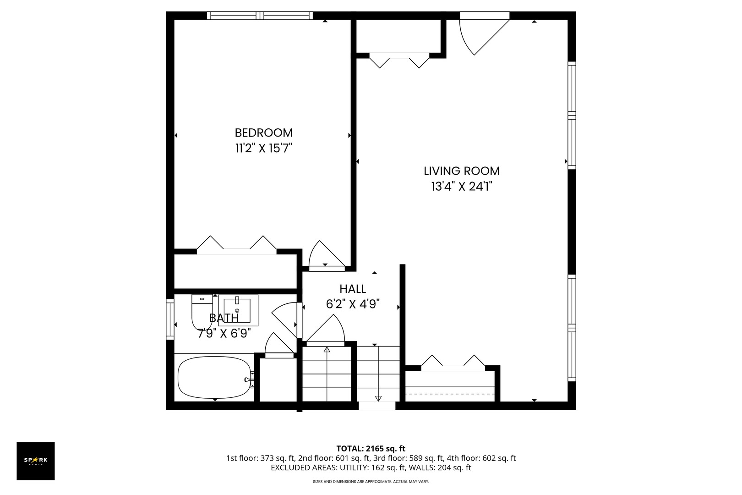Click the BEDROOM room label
click(x=264, y=133)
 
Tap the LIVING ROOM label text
click(x=462, y=171)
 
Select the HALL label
click(x=353, y=289)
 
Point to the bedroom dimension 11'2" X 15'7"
click(x=264, y=148)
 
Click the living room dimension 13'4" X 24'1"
click(x=462, y=187)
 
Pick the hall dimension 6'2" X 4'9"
click(x=353, y=304)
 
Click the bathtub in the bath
click(x=215, y=377)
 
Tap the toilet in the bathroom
click(x=202, y=312)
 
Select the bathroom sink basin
click(x=238, y=310)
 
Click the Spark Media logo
click(x=36, y=461)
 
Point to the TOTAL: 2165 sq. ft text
click(x=371, y=449)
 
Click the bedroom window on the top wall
click(x=260, y=16)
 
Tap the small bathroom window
click(x=170, y=319)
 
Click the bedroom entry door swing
click(x=327, y=253)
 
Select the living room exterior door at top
click(x=484, y=33)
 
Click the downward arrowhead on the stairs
click(x=378, y=399)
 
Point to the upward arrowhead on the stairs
click(x=327, y=349)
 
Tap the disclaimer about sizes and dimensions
click(x=371, y=482)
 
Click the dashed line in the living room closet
click(x=450, y=394)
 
